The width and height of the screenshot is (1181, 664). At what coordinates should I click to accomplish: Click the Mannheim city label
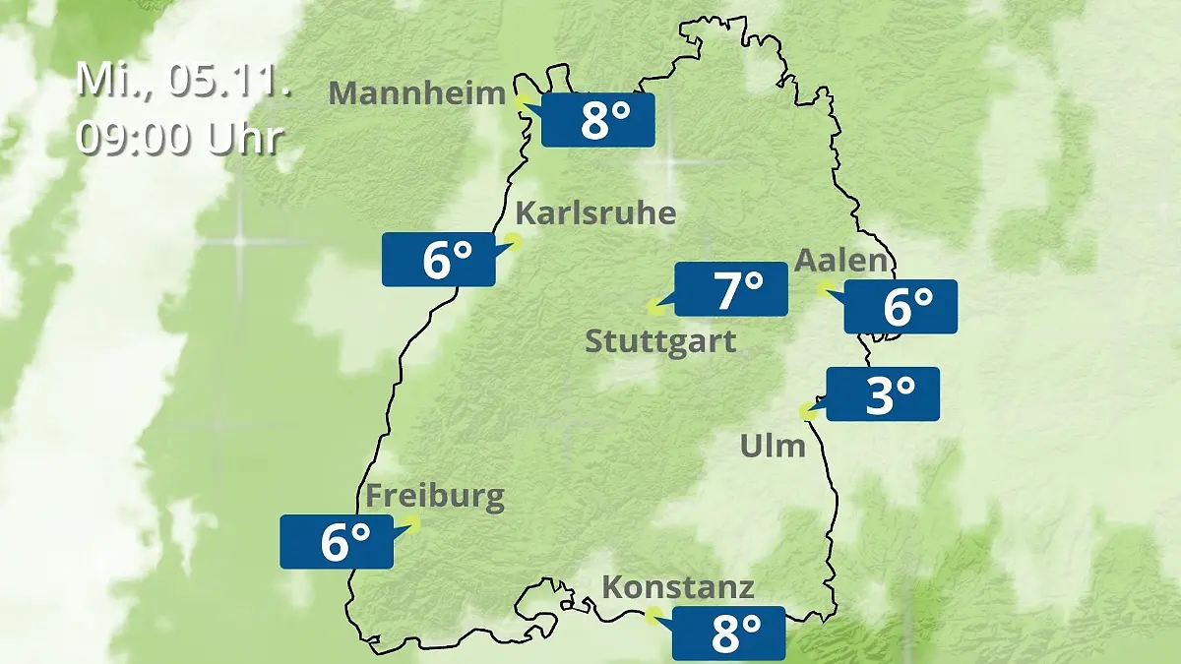(x=417, y=93)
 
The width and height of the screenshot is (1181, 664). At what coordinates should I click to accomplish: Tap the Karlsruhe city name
(x=595, y=213)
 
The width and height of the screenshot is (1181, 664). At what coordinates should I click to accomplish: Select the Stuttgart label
(x=659, y=342)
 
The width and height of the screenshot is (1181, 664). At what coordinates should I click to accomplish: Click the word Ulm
(x=773, y=447)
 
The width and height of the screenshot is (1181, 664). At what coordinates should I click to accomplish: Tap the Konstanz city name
(x=678, y=588)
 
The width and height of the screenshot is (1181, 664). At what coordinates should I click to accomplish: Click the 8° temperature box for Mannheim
(x=597, y=120)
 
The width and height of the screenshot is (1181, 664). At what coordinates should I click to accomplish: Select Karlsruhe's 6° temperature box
(x=439, y=260)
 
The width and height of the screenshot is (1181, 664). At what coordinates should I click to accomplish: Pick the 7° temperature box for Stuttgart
(x=730, y=290)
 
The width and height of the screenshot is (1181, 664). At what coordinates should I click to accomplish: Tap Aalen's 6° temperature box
(x=901, y=306)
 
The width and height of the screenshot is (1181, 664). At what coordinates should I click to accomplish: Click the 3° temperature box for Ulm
(x=883, y=394)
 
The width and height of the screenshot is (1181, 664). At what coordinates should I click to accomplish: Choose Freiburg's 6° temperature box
(x=337, y=541)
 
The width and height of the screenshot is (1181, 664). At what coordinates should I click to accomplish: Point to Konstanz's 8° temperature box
(x=728, y=634)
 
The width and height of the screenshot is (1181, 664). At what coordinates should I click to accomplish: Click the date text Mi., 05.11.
(x=183, y=80)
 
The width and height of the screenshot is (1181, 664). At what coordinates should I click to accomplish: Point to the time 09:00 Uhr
(x=179, y=139)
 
